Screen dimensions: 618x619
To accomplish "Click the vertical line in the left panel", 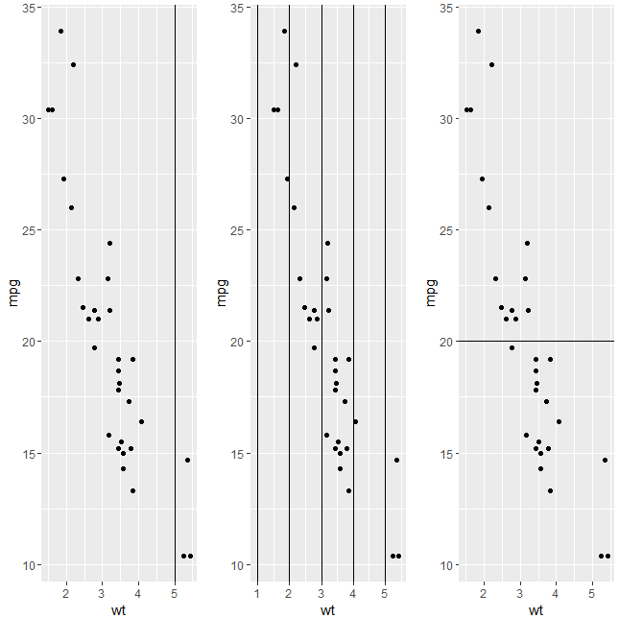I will point(175,288).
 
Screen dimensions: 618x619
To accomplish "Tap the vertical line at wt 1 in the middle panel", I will point(257,288).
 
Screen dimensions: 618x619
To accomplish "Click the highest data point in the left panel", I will point(60,31).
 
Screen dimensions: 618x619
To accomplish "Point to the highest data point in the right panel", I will point(478,31).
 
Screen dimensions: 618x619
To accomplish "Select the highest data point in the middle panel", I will point(284,31).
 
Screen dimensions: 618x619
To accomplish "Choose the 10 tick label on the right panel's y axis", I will point(447,565).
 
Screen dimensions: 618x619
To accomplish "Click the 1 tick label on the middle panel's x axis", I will point(257,593).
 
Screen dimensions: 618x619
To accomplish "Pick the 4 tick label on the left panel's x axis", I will point(138,593).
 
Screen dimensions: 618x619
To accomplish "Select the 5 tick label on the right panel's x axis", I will point(592,593).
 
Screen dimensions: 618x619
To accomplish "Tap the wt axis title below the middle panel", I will point(327,609).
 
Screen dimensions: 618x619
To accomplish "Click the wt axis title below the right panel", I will point(536,609).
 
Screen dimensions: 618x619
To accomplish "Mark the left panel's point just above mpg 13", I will point(132,490).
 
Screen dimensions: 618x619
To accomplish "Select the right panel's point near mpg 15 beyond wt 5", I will point(605,460).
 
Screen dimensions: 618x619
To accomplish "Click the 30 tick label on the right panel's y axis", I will point(447,119).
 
